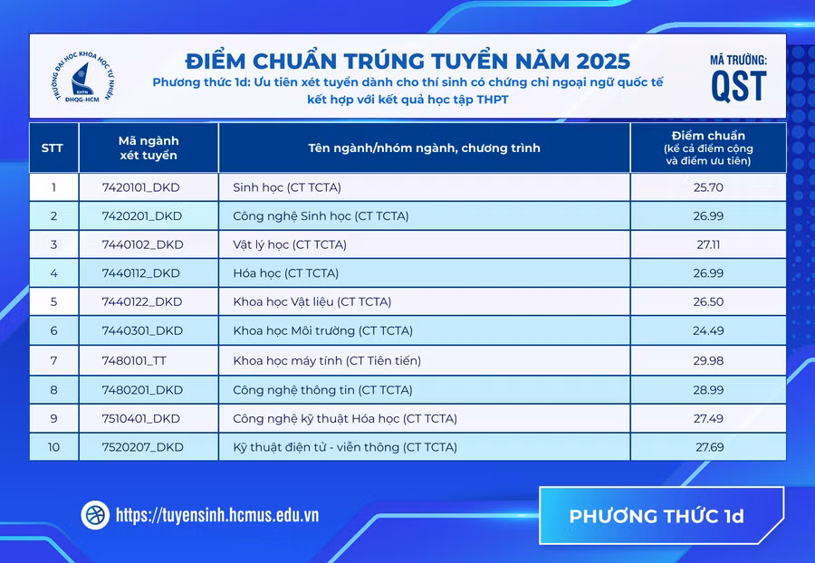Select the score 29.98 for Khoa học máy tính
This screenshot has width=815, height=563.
click(708, 361)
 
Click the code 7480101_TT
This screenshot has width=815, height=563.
click(135, 361)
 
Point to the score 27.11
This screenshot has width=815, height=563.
click(708, 244)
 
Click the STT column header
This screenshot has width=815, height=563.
click(53, 148)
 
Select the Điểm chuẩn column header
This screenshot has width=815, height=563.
click(708, 148)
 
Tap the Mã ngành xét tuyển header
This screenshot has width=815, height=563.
click(149, 148)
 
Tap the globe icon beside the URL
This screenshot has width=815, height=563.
click(95, 515)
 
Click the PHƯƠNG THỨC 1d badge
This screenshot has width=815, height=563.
click(657, 517)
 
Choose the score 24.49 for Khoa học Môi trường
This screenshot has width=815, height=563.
click(708, 331)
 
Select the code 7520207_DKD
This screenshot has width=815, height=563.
click(142, 447)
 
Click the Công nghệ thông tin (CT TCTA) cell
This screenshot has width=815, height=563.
click(322, 390)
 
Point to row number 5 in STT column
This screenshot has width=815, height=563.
click(53, 302)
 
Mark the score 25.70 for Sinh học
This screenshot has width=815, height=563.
click(708, 188)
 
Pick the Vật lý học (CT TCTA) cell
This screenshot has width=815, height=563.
click(290, 244)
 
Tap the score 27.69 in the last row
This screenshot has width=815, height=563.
click(708, 447)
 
